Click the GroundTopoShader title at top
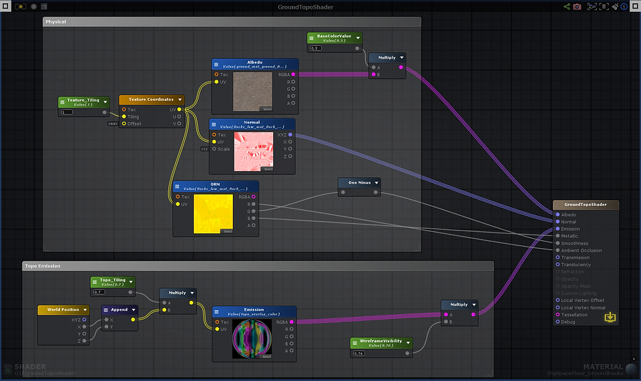tap(305, 7)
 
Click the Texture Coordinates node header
tap(151, 100)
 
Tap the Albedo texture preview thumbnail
tap(253, 92)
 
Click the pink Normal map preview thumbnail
tap(253, 152)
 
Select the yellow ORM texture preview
tap(213, 214)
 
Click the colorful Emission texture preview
tap(252, 339)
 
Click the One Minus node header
tap(359, 182)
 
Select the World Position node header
tap(63, 309)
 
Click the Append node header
tap(120, 310)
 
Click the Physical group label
tap(55, 22)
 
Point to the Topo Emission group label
tap(43, 266)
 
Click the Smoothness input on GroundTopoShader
tap(574, 243)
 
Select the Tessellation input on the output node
tap(574, 315)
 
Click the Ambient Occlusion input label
tap(581, 251)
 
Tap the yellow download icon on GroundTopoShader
tap(610, 317)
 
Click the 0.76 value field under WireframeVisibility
tap(359, 353)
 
